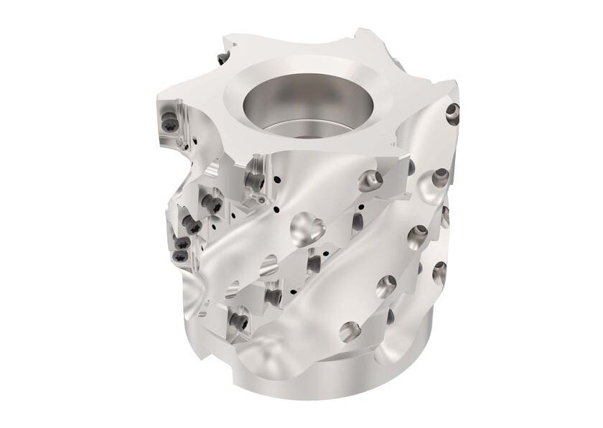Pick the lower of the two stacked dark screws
click(x=181, y=255)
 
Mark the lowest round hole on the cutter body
click(x=350, y=330)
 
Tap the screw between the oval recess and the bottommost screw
click(x=272, y=296)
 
